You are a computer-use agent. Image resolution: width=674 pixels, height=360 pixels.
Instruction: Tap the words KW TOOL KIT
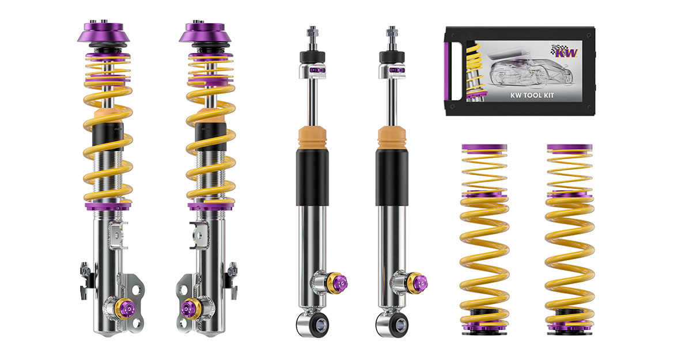pyautogui.click(x=532, y=96)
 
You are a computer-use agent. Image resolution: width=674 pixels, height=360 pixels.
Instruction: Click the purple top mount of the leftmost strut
pyautogui.click(x=104, y=32)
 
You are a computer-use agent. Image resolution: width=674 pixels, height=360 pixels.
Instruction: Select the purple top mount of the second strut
pyautogui.click(x=205, y=32)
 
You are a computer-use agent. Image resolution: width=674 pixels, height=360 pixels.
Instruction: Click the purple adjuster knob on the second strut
pyautogui.click(x=187, y=308)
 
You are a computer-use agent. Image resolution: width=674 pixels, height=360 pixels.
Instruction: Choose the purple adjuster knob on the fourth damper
pyautogui.click(x=419, y=283)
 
